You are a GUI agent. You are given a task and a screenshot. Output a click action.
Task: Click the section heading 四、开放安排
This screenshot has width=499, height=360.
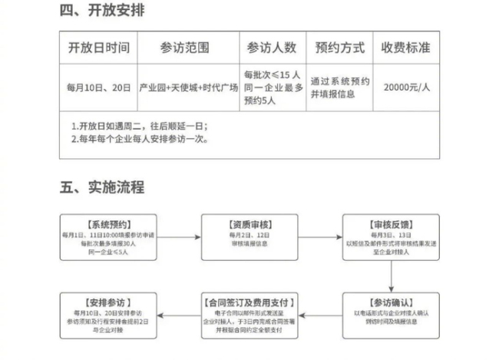(101, 12)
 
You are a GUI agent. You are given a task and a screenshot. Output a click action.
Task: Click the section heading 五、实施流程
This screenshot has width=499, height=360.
(101, 187)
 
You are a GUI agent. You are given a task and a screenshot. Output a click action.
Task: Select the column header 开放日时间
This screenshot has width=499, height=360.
(99, 48)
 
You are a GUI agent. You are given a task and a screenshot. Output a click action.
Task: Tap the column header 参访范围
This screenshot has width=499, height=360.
(185, 48)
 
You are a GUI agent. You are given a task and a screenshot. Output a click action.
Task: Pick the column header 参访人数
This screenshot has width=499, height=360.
(271, 48)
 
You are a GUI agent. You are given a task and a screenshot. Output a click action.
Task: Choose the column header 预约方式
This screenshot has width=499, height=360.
(339, 48)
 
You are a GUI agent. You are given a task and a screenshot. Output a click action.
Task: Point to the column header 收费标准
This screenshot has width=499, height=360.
(406, 48)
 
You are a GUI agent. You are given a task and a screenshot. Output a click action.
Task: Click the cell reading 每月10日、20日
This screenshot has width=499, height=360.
(99, 88)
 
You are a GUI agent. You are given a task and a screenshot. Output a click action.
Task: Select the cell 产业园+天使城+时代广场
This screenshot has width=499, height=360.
(185, 88)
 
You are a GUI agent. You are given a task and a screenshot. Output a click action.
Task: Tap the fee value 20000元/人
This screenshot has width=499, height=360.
(406, 88)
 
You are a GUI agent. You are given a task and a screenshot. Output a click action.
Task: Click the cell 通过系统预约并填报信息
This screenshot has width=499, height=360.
(339, 88)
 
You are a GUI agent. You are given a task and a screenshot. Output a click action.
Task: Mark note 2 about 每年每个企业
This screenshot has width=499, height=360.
(139, 140)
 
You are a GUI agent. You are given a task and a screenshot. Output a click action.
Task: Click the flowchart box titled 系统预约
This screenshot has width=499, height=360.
(107, 237)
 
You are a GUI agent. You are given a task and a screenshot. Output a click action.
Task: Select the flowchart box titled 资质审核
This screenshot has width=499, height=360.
(249, 237)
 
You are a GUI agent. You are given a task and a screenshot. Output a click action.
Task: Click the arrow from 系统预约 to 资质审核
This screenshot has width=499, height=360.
(179, 237)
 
